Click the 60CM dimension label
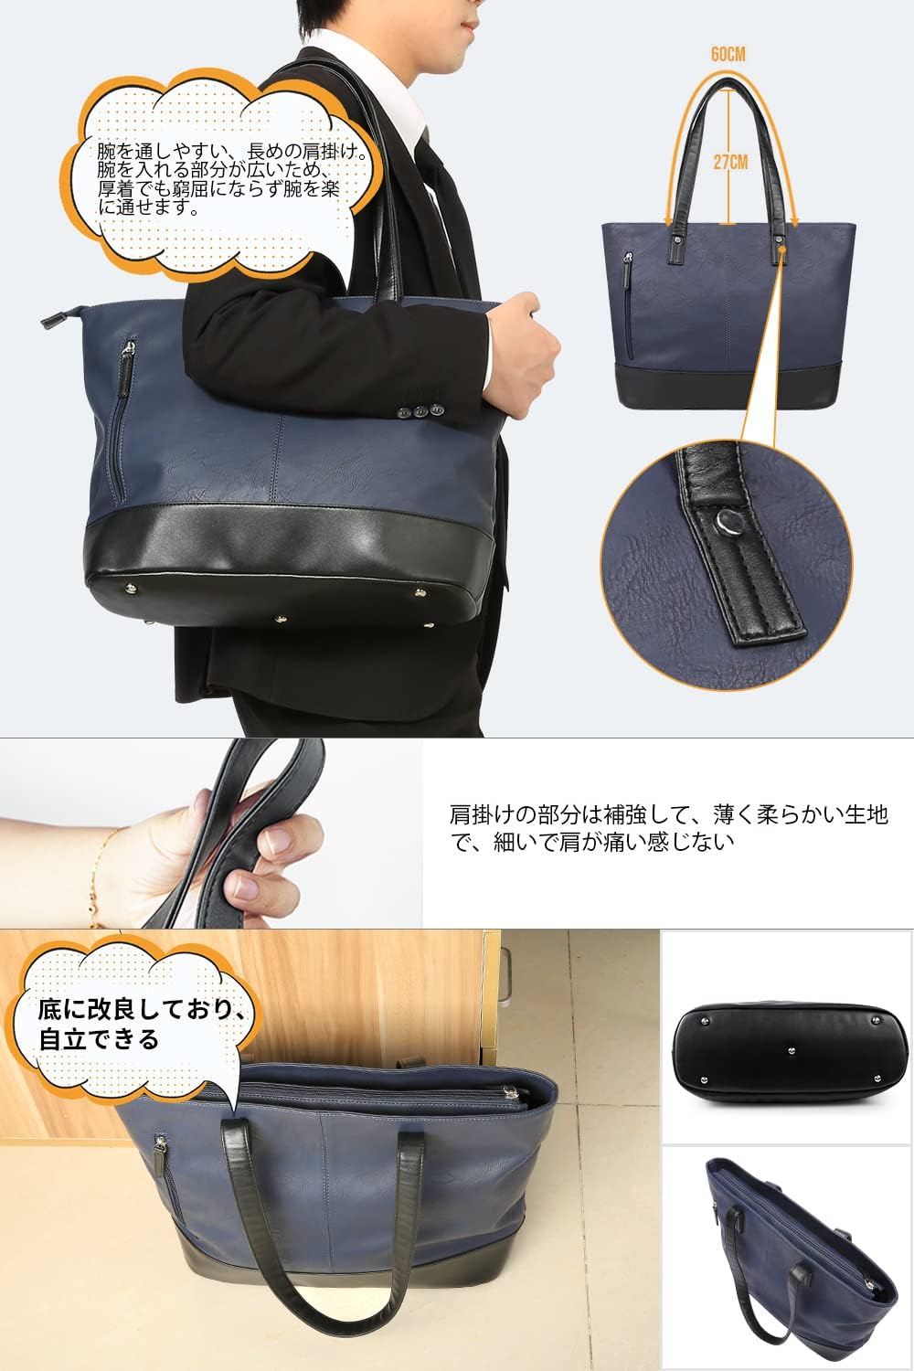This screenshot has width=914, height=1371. click(728, 55)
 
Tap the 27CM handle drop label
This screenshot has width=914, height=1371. click(730, 162)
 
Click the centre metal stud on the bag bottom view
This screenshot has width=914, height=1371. click(792, 1049)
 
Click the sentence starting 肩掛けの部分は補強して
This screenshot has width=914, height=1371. click(668, 828)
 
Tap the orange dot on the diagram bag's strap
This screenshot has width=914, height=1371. click(783, 249)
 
